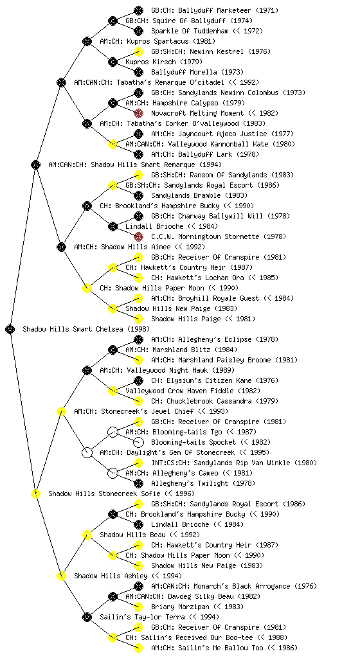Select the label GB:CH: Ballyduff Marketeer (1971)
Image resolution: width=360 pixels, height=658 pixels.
click(x=215, y=10)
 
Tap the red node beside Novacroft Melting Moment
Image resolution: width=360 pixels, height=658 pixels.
click(x=138, y=113)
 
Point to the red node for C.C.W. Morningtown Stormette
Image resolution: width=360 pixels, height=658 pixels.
click(x=138, y=236)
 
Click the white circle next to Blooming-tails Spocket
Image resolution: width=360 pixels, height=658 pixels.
click(x=138, y=442)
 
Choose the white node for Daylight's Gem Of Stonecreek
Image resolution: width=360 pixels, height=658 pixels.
click(x=87, y=452)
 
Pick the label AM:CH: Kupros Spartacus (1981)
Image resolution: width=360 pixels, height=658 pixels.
click(x=157, y=41)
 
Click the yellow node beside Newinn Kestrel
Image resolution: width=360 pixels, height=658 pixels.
click(x=138, y=51)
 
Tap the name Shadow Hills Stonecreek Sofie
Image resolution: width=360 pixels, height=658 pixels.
click(x=105, y=493)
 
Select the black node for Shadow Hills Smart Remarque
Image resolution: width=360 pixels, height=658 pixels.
click(x=35, y=164)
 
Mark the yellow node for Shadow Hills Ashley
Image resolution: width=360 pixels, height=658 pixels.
click(x=61, y=576)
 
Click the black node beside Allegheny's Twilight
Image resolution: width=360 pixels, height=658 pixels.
click(x=138, y=483)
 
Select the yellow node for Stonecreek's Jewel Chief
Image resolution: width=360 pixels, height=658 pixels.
click(x=61, y=411)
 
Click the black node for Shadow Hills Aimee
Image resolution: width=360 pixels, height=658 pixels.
click(x=61, y=247)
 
